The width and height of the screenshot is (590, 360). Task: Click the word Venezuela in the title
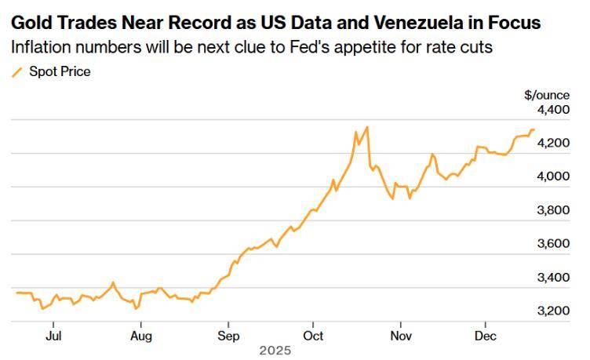[426, 22]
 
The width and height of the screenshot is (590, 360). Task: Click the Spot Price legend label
[60, 72]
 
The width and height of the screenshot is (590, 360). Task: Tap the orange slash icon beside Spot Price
[16, 72]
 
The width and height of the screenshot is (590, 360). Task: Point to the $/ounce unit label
[547, 95]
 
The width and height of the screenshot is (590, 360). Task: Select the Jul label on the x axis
[53, 336]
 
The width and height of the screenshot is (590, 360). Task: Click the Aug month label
[140, 336]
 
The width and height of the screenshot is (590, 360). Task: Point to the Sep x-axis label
[228, 336]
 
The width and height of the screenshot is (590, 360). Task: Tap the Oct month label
[313, 336]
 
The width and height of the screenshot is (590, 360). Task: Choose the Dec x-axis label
[485, 336]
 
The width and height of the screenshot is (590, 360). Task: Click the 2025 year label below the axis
[275, 351]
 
